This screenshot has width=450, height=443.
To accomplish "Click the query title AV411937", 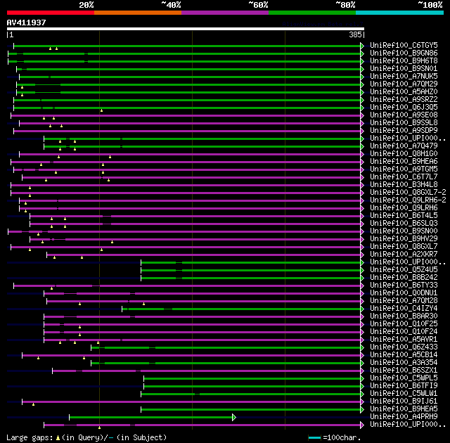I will (x=27, y=23).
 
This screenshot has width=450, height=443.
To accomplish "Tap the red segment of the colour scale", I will (x=50, y=12).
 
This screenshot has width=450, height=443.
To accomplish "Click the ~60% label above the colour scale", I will (x=257, y=4).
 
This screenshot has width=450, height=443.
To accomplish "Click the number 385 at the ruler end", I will (x=355, y=34).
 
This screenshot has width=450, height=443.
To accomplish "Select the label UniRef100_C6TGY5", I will (x=403, y=45).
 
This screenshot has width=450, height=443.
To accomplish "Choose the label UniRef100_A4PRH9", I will (x=403, y=416).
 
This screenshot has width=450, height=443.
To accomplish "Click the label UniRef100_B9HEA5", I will (x=403, y=409).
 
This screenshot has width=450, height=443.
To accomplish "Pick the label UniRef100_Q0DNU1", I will (x=403, y=293).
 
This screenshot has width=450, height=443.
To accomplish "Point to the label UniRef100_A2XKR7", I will (x=403, y=254).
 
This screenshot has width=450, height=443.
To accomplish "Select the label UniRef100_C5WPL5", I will (x=403, y=378).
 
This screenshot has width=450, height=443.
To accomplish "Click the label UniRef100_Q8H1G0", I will (x=403, y=153).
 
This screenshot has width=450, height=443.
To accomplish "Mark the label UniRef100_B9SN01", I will (x=403, y=68).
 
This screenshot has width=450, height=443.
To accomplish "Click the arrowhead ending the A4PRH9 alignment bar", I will (x=234, y=417).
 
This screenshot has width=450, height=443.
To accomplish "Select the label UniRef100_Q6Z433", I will (x=403, y=347).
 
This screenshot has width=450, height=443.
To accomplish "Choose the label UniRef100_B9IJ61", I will (x=403, y=401).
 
